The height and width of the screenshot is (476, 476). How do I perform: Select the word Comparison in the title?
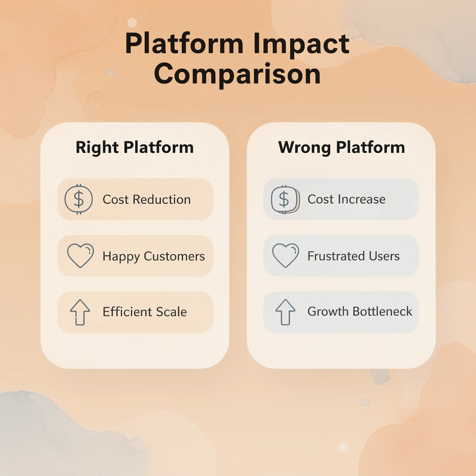click(238, 74)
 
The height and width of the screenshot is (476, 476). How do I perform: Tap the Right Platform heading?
click(134, 147)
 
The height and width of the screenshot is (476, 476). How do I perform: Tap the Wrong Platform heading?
click(341, 147)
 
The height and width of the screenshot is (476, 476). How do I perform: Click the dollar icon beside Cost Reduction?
click(79, 199)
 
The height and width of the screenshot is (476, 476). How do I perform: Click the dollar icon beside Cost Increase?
click(284, 199)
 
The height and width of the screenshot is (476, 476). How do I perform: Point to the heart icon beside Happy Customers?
click(80, 256)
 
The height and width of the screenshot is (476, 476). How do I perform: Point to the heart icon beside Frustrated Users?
click(285, 256)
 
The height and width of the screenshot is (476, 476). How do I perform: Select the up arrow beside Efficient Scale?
click(80, 312)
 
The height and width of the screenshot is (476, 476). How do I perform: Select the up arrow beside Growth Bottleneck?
click(285, 312)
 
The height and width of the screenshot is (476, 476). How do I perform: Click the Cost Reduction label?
click(146, 199)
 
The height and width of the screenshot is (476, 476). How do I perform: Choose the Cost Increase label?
click(346, 199)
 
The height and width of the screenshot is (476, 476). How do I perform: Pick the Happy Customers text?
click(153, 256)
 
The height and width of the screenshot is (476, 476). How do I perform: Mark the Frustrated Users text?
click(353, 256)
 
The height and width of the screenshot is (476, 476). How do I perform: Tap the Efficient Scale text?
click(145, 312)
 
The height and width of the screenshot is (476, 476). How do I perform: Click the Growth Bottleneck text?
click(360, 311)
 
